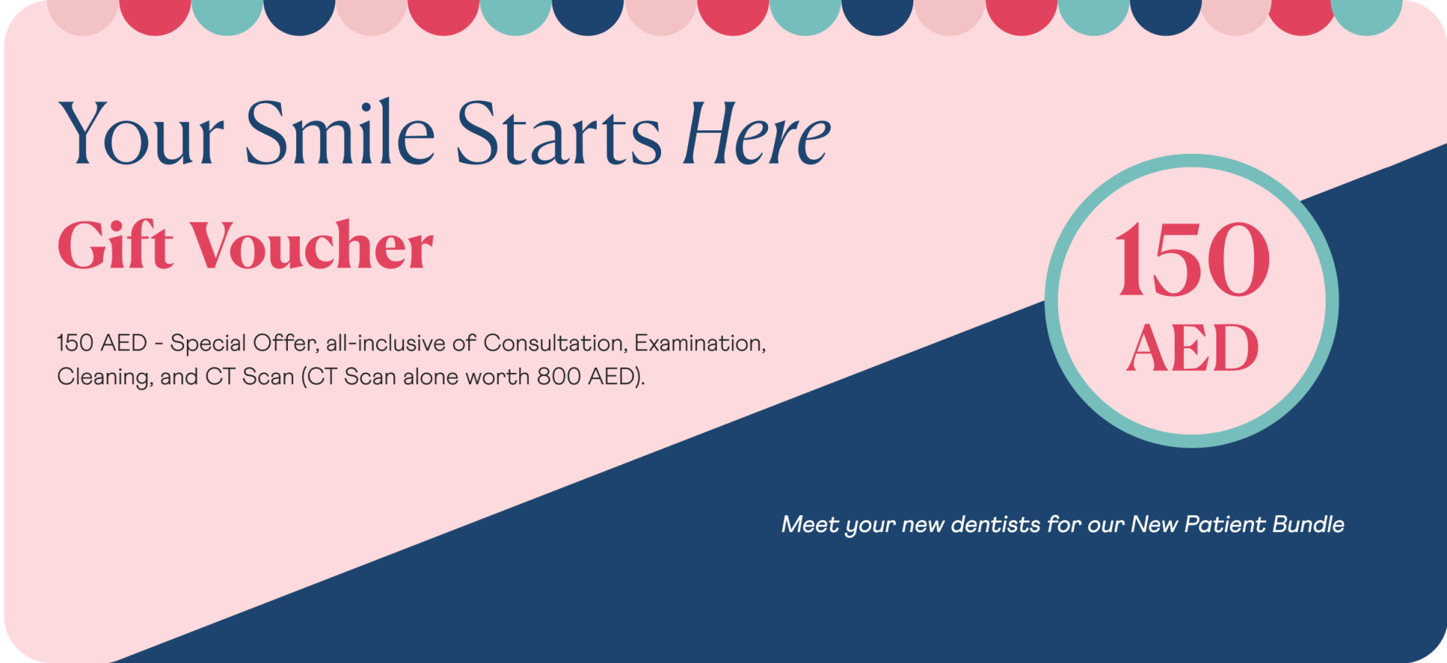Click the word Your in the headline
141,134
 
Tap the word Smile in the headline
340,132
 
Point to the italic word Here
755,133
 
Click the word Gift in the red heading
115,245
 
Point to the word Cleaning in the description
105,377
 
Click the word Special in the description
208,344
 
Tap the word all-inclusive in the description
386,344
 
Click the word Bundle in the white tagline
1308,524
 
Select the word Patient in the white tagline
1225,524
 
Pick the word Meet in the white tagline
810,524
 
